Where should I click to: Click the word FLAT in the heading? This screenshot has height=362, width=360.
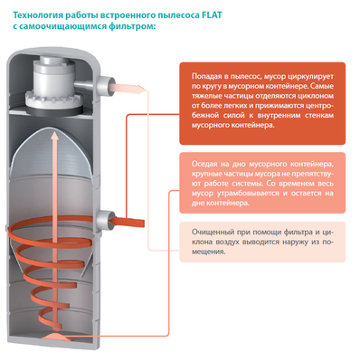212,15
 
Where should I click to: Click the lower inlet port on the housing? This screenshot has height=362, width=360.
106,219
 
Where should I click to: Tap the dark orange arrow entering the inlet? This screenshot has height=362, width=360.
126,221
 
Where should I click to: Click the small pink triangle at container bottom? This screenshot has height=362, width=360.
53,336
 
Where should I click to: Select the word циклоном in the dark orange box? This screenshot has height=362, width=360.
317,96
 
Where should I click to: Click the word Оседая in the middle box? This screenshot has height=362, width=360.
204,164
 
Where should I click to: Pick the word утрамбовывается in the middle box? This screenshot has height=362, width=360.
249,194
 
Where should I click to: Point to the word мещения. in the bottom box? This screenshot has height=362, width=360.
209,252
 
